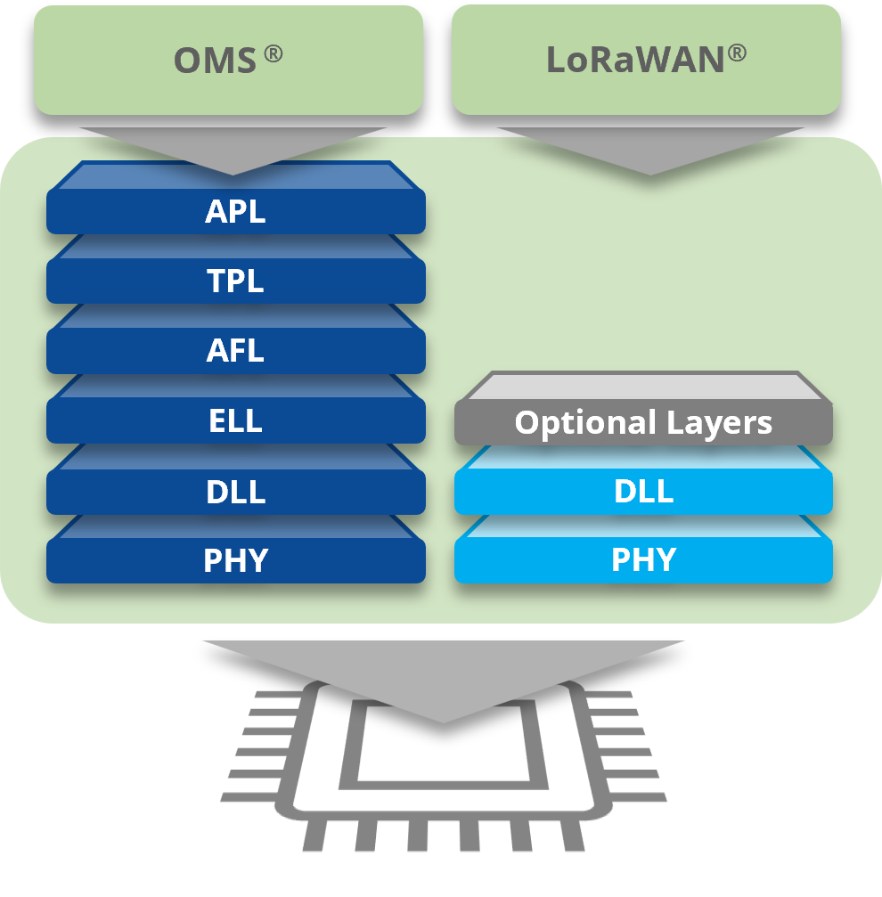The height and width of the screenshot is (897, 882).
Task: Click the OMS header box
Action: tap(228, 60)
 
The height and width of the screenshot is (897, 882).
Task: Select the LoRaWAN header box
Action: tap(646, 60)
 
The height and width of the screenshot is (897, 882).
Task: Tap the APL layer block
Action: tap(235, 212)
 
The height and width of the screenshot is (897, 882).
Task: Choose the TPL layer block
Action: tap(235, 281)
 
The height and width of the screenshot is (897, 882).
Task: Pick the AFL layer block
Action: tap(235, 351)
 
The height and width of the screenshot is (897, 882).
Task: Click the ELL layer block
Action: tap(235, 420)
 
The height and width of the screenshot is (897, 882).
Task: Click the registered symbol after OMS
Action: tap(273, 53)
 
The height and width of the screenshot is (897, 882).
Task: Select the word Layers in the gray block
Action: tap(724, 423)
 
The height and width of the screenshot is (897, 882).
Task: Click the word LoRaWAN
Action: tap(635, 60)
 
